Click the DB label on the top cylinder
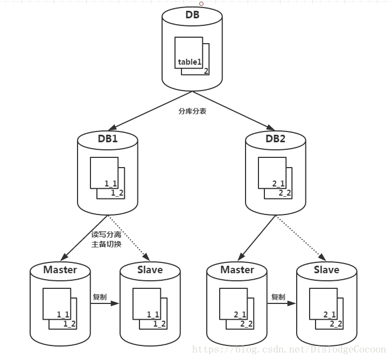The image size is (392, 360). [192, 15]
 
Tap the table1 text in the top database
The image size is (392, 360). [190, 62]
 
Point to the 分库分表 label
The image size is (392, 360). [192, 111]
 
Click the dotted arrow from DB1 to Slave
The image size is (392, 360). [128, 237]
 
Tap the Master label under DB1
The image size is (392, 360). [60, 269]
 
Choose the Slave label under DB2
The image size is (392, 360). [326, 269]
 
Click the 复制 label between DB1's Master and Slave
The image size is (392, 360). [100, 297]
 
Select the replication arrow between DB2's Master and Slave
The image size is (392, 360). [282, 304]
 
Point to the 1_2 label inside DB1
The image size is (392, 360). [117, 192]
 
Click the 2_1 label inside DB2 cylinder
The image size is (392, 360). [278, 184]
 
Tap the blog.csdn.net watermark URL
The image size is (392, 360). [290, 349]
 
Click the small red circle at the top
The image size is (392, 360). [201, 3]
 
